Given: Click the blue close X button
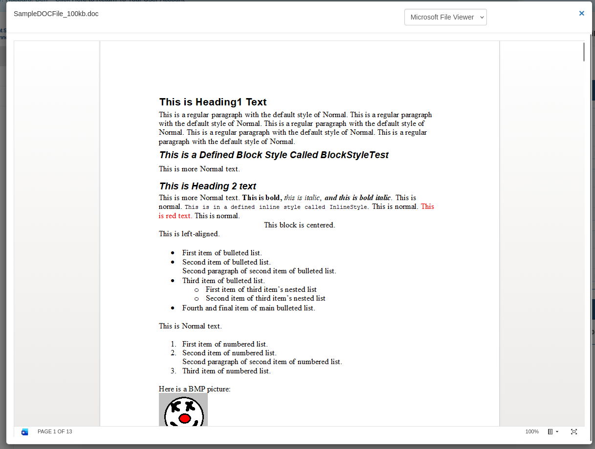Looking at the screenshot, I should pyautogui.click(x=581, y=14).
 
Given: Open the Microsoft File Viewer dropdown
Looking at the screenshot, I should pyautogui.click(x=445, y=17).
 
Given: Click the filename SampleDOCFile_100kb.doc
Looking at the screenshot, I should pyautogui.click(x=56, y=14).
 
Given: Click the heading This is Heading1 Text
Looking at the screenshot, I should pyautogui.click(x=213, y=102).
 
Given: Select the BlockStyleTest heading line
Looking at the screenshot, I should pyautogui.click(x=274, y=155).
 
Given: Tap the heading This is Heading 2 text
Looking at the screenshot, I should pyautogui.click(x=207, y=186).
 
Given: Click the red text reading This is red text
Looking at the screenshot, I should pyautogui.click(x=175, y=216).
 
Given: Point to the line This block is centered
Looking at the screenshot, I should pyautogui.click(x=299, y=225).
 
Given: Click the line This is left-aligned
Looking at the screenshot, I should pyautogui.click(x=189, y=234).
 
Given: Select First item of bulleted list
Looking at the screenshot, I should pyautogui.click(x=222, y=253).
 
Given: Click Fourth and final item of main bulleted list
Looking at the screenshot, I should pyautogui.click(x=248, y=308).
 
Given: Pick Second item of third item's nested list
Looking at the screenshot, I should pyautogui.click(x=265, y=298).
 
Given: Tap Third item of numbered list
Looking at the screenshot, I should pyautogui.click(x=226, y=371).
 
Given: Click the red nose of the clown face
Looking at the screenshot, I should pyautogui.click(x=185, y=419).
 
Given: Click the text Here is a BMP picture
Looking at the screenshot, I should pyautogui.click(x=195, y=389).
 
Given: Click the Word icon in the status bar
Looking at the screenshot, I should pyautogui.click(x=25, y=432).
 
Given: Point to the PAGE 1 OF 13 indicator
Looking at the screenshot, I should pyautogui.click(x=55, y=432).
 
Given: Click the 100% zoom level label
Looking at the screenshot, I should pyautogui.click(x=532, y=432).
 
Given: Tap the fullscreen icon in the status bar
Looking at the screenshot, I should pyautogui.click(x=574, y=432).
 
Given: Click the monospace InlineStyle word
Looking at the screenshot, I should pyautogui.click(x=348, y=207).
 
